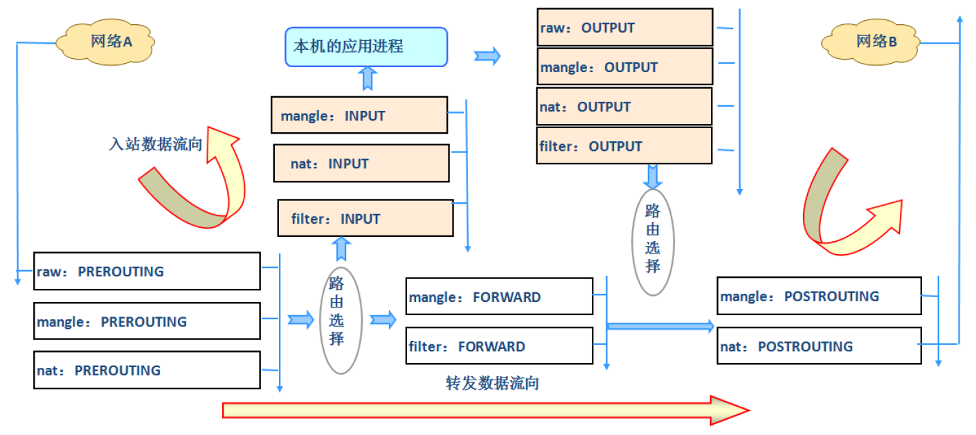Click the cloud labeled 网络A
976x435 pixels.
(105, 42)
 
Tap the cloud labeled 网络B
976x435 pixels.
(870, 42)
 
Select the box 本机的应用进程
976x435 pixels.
(366, 47)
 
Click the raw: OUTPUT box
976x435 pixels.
(624, 28)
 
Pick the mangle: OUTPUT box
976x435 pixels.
(624, 67)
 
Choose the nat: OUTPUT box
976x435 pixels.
(624, 107)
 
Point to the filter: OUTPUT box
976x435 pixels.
(624, 146)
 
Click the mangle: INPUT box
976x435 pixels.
(359, 116)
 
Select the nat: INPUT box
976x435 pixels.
(361, 163)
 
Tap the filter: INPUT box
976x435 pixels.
(365, 218)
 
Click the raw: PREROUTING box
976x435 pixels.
(147, 271)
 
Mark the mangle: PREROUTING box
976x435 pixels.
(147, 321)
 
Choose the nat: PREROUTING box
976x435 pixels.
(147, 370)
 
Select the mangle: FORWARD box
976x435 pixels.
(499, 296)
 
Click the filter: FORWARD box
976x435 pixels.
(499, 346)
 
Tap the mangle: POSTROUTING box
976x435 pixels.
(819, 296)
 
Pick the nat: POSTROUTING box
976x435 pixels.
(819, 346)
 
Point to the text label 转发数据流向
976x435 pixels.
(492, 383)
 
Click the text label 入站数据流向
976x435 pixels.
(156, 144)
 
